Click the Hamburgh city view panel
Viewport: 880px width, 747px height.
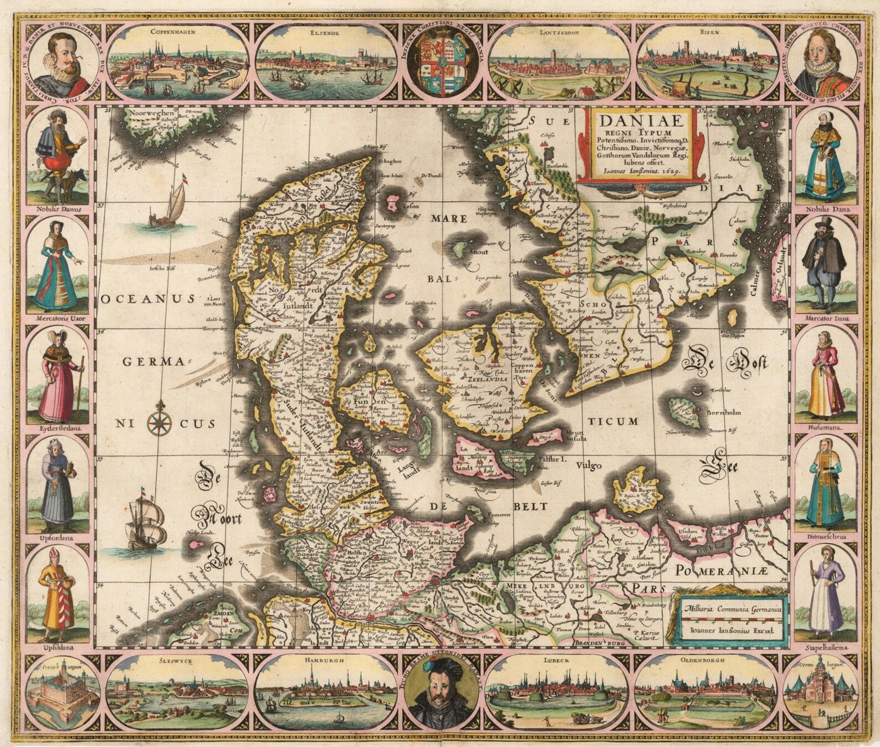329,689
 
